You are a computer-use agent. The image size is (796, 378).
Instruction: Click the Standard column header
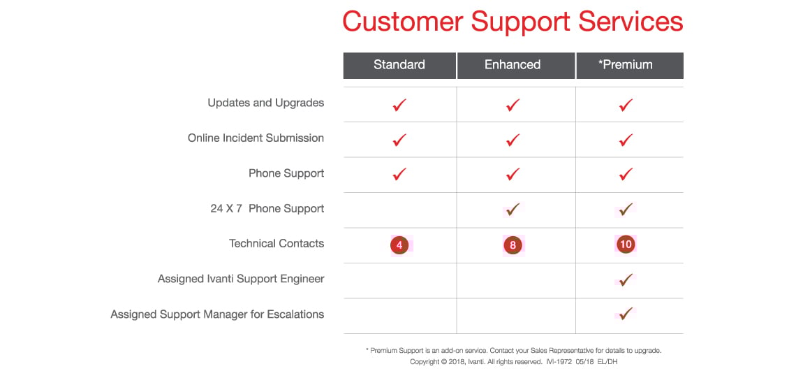point(399,65)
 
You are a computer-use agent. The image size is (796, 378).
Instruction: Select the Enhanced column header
point(513,65)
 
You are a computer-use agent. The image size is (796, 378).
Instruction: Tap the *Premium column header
point(625,65)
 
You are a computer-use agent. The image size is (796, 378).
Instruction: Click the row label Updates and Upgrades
point(265,103)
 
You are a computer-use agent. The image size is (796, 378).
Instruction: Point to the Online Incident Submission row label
point(256,138)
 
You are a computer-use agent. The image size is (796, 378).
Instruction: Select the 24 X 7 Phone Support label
point(267,209)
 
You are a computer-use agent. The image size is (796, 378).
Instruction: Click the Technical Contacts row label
point(277,244)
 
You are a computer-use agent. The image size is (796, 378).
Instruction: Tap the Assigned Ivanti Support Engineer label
point(241,279)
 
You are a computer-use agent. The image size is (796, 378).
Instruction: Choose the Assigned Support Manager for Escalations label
point(217,314)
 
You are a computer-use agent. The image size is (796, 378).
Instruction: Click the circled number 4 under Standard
point(399,245)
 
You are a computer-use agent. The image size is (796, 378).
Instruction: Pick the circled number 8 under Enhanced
point(513,245)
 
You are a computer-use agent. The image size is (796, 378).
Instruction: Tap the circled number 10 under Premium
point(626,245)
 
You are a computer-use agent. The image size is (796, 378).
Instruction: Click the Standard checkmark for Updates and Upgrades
point(399,106)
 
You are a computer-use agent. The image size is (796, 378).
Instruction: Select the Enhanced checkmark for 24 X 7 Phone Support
point(513,210)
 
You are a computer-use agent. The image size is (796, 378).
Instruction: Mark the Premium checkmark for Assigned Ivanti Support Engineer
point(626,279)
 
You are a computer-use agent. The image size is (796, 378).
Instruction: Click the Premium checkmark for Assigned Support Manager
point(626,314)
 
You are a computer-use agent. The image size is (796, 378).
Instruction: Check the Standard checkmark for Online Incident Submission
point(399,140)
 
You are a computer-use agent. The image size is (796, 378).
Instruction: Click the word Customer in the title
point(402,22)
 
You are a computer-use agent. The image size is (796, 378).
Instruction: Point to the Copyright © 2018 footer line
point(513,362)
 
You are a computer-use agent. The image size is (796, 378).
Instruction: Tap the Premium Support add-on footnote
point(513,351)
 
